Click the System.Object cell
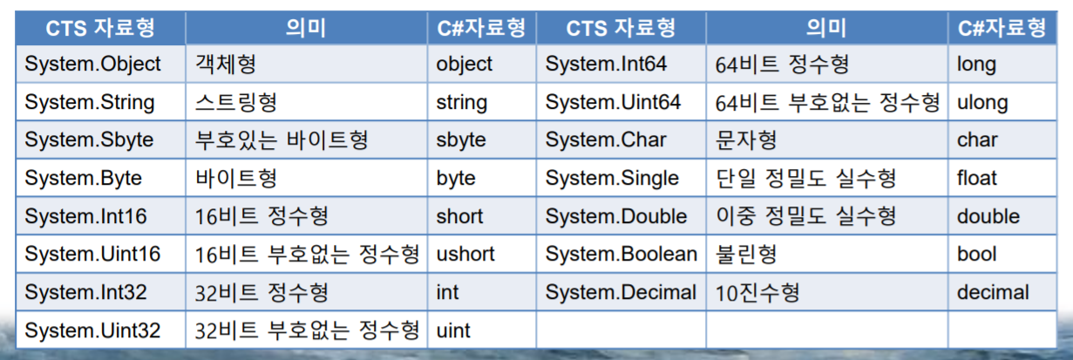pyautogui.click(x=100, y=64)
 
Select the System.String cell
pyautogui.click(x=100, y=101)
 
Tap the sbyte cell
pyautogui.click(x=481, y=139)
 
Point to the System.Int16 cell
pyautogui.click(x=100, y=216)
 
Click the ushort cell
pyautogui.click(x=481, y=254)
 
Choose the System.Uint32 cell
pyautogui.click(x=100, y=329)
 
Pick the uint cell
pyautogui.click(x=481, y=329)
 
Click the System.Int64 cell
pyautogui.click(x=621, y=64)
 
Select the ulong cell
pyautogui.click(x=1002, y=101)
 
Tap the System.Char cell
pyautogui.click(x=621, y=139)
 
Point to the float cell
pyautogui.click(x=1002, y=178)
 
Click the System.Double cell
pyautogui.click(x=621, y=216)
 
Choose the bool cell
pyautogui.click(x=1002, y=254)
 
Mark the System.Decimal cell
pyautogui.click(x=621, y=292)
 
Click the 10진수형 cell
pyautogui.click(x=827, y=292)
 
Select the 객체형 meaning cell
pyautogui.click(x=307, y=64)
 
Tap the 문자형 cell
pyautogui.click(x=827, y=139)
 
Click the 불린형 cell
pyautogui.click(x=827, y=254)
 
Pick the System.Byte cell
pyautogui.click(x=100, y=178)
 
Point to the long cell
pyautogui.click(x=1002, y=64)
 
